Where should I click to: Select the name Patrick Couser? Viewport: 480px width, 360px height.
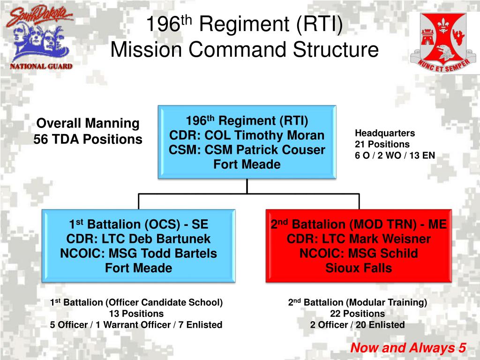[281, 150]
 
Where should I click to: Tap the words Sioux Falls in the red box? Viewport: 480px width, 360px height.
[359, 268]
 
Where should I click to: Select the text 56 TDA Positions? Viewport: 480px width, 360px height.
[88, 139]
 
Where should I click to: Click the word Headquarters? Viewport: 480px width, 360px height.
[384, 133]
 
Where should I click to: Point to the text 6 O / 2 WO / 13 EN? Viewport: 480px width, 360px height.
[395, 156]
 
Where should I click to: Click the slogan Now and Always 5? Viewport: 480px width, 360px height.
[408, 348]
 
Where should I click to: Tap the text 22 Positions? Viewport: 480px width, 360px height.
[357, 314]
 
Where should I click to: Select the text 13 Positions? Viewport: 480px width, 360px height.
[136, 314]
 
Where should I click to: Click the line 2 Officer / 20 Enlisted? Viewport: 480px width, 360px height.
[357, 324]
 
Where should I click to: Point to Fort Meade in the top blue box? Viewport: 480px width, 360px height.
[247, 165]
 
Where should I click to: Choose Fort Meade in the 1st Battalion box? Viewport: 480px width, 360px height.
[138, 268]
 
